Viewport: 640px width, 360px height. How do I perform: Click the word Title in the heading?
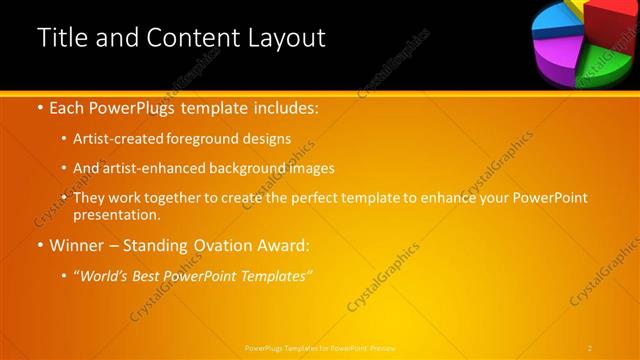pos(61,38)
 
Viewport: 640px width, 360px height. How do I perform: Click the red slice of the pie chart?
pos(611,20)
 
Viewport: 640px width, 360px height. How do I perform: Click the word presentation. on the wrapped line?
pos(116,214)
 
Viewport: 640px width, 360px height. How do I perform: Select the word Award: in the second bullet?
pos(283,245)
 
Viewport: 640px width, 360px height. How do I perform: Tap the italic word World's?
pos(105,275)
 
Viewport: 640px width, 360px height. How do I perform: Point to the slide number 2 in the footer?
pos(590,347)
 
